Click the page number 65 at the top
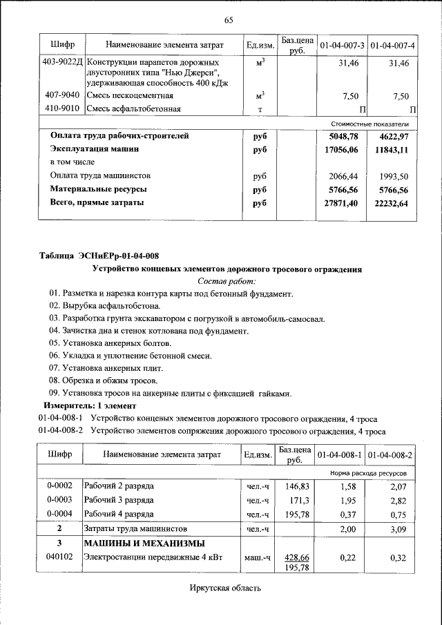click(229, 19)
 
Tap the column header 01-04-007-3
click(341, 46)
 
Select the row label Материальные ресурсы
click(97, 189)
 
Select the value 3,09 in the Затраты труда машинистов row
click(401, 528)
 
